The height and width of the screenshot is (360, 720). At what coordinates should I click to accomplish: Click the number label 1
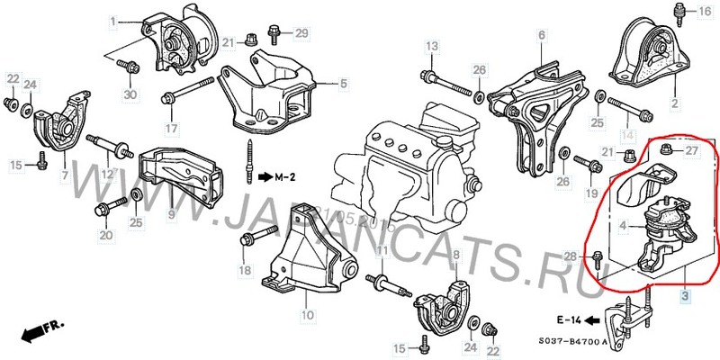click(114, 21)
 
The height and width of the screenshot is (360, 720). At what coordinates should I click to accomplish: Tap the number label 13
click(431, 46)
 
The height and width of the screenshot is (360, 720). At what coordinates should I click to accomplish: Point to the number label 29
click(301, 33)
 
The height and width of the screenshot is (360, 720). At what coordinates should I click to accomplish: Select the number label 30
click(131, 95)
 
